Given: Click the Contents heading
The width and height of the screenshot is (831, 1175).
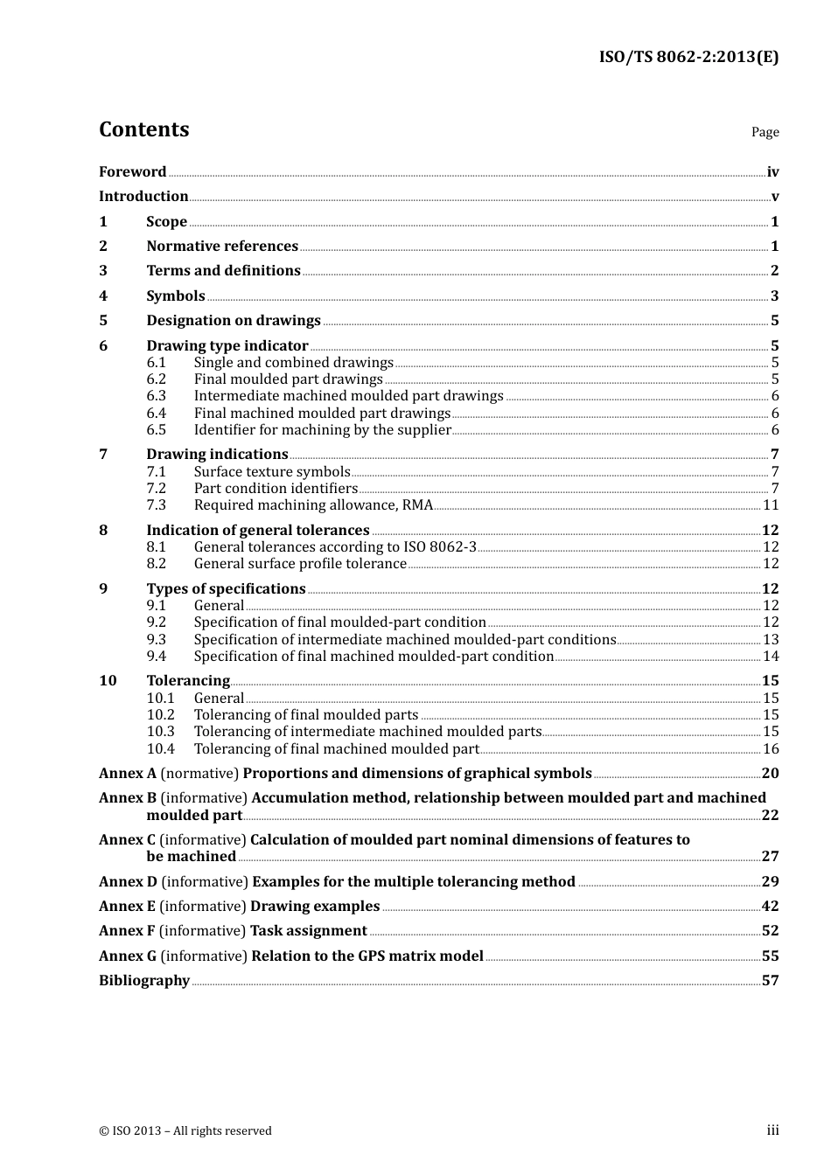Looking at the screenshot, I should click(143, 129).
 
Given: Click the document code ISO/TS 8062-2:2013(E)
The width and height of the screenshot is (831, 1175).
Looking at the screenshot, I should click(688, 57).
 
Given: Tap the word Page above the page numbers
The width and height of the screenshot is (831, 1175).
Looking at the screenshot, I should click(765, 132).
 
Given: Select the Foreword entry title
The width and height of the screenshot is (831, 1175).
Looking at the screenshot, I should click(132, 172).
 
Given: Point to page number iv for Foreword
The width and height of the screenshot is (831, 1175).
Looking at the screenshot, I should click(772, 172).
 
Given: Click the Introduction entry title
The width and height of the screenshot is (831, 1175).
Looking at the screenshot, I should click(143, 197).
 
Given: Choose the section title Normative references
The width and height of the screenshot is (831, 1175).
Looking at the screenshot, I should click(222, 247).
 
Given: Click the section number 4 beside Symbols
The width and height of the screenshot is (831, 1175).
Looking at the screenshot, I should click(103, 296).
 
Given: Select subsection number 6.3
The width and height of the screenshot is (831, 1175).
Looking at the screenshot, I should click(157, 396).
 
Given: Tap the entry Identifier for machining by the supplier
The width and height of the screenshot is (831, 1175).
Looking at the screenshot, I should click(322, 430).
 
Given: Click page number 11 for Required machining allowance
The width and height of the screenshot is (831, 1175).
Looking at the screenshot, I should click(771, 505).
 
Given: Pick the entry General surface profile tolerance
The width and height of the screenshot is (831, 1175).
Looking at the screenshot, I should click(300, 564).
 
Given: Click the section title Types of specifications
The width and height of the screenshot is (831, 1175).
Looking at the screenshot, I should click(226, 589).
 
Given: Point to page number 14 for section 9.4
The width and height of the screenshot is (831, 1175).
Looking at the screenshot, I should click(771, 657).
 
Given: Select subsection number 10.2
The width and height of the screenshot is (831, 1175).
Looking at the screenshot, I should click(161, 715).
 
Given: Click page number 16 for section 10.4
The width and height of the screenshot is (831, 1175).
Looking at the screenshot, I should click(771, 749).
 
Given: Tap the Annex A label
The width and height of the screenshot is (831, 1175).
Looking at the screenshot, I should click(128, 774).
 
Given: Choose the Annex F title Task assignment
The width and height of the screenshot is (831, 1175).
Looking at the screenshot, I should click(309, 931).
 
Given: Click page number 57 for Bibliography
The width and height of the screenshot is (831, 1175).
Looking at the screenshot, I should click(770, 981).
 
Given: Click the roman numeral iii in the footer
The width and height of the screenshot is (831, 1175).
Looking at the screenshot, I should click(772, 1130).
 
